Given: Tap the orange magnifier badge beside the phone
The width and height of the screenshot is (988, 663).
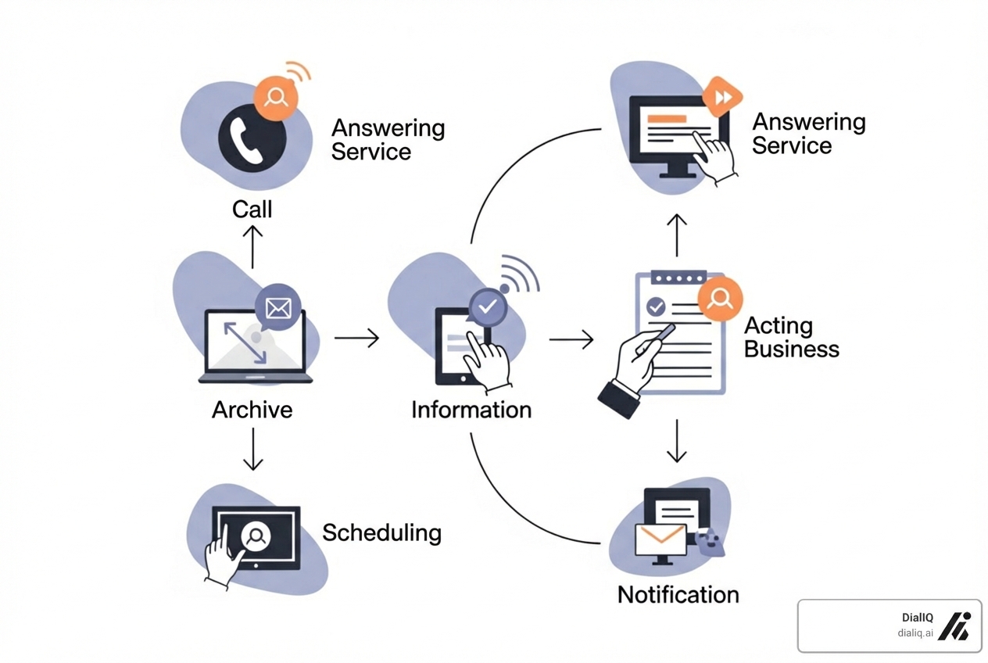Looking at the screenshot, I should (x=275, y=97).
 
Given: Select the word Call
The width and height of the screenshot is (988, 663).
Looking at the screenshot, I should (x=252, y=210).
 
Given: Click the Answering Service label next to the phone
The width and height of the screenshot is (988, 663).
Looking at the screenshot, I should (x=388, y=139).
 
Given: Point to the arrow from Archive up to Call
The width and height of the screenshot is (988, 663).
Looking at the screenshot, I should (x=252, y=246).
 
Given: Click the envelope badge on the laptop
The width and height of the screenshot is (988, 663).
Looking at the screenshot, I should (x=278, y=307).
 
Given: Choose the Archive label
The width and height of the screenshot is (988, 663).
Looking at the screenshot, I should (x=252, y=410).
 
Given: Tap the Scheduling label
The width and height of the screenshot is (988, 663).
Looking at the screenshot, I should (x=381, y=533).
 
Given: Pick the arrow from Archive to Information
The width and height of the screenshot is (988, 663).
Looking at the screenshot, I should (x=356, y=338).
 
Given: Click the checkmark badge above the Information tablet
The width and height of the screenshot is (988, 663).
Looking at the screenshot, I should (x=488, y=306).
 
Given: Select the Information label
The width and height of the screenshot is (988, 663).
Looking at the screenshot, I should (x=471, y=410).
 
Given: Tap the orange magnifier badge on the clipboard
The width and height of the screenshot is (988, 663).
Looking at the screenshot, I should (x=720, y=298).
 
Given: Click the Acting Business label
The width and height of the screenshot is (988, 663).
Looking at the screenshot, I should (x=791, y=337).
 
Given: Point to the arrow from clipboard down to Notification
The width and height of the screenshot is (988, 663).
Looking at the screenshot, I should (x=677, y=441).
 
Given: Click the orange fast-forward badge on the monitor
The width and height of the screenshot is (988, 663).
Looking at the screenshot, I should (x=724, y=97).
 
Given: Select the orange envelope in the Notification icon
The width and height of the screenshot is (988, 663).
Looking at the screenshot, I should (x=660, y=539).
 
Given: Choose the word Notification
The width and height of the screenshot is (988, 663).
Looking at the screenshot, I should (x=678, y=595).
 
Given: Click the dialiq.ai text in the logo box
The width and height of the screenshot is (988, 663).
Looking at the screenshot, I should (x=915, y=633).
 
